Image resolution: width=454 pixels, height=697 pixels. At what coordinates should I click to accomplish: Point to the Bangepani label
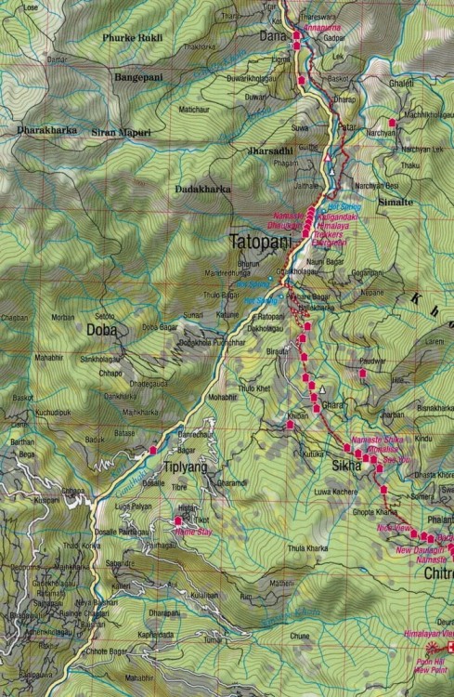click(x=136, y=77)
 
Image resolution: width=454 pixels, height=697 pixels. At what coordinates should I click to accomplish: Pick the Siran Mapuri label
click(x=121, y=131)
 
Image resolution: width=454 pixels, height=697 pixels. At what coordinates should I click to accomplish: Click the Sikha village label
click(x=344, y=461)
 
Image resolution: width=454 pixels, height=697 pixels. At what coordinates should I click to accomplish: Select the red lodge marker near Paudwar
click(x=363, y=374)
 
